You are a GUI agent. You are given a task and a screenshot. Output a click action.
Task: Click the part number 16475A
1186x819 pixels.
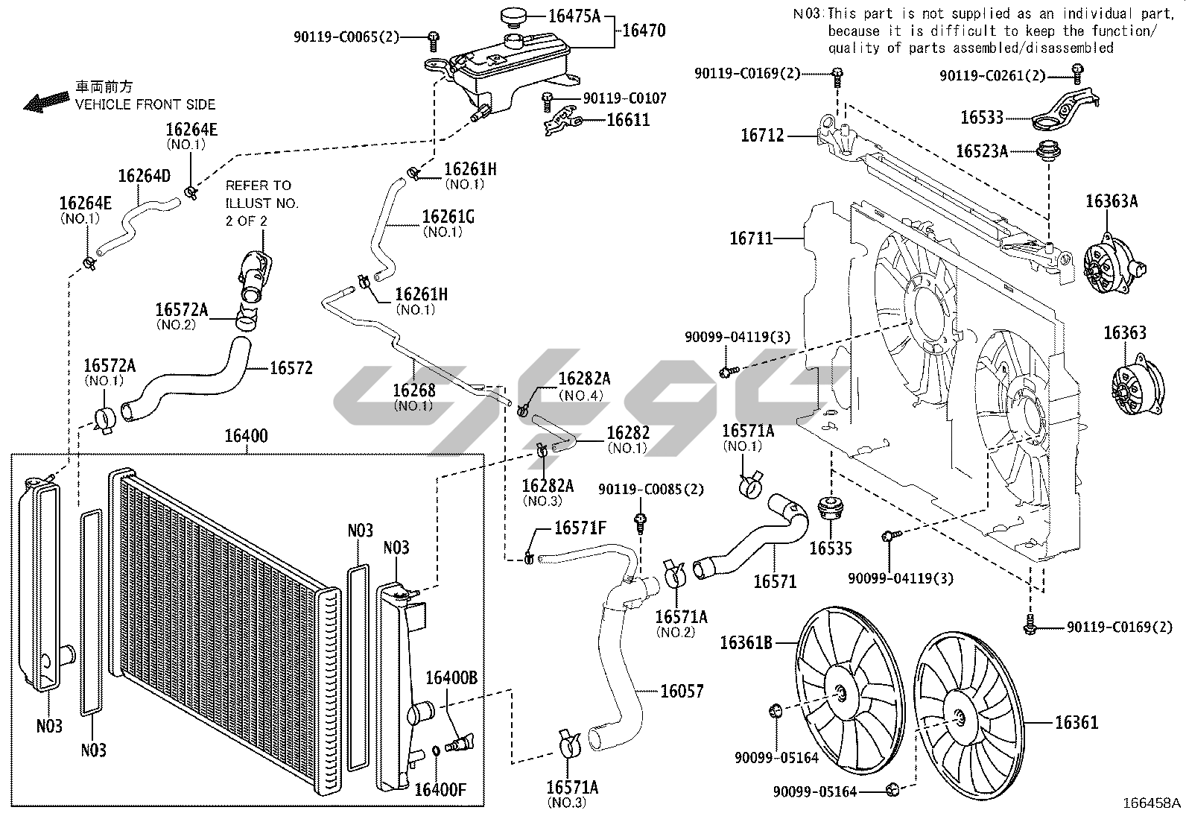tap(574, 14)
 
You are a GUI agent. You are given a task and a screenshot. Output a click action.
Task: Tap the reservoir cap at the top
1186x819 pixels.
tap(513, 16)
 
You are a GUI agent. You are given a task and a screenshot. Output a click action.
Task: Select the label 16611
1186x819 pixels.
tap(628, 120)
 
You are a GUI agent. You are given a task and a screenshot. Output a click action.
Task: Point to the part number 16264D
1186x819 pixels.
tap(144, 176)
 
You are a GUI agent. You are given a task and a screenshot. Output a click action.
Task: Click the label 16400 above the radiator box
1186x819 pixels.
tap(246, 436)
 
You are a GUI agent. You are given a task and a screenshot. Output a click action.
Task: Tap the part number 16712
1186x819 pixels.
tap(762, 136)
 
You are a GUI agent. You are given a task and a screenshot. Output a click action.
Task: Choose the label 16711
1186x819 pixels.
tap(751, 238)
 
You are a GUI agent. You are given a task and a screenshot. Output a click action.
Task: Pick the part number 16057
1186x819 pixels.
tap(682, 692)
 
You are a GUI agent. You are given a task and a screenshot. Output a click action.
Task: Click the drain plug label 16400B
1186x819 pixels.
tap(451, 678)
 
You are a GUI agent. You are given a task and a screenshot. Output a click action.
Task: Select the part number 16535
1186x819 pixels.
tap(831, 549)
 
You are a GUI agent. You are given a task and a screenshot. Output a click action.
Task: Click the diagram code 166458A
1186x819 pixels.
tap(1152, 803)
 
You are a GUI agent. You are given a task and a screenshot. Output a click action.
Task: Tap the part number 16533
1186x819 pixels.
tap(982, 118)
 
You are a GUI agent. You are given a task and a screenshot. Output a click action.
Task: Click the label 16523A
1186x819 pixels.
tap(982, 151)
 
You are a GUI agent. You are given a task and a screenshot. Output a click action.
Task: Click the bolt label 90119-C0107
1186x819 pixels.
tap(624, 98)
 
